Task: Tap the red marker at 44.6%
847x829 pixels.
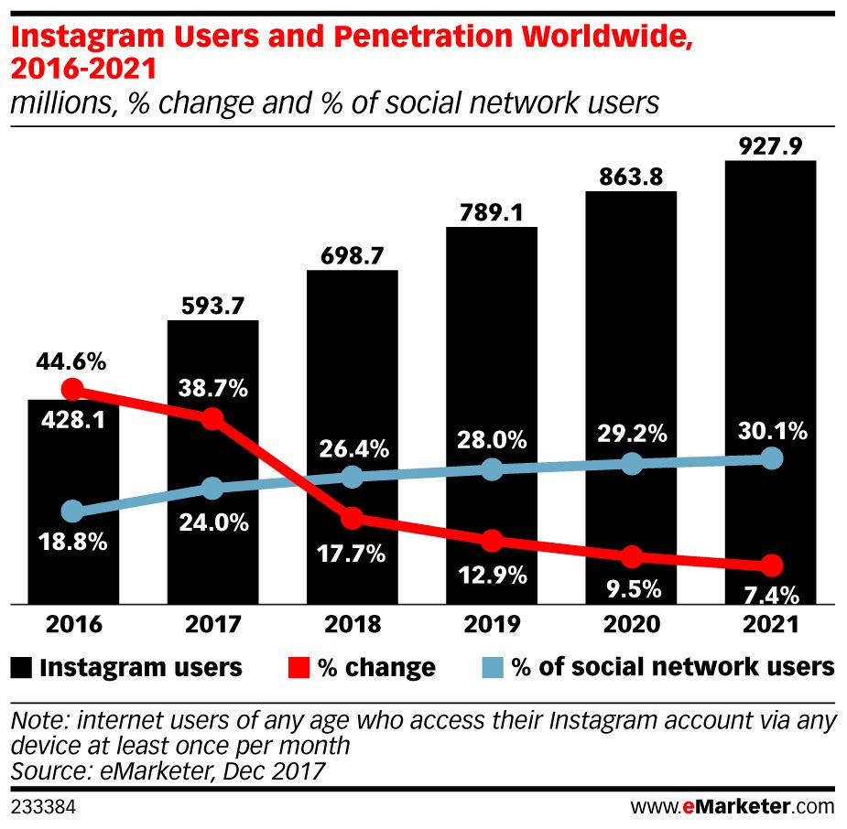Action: [73, 389]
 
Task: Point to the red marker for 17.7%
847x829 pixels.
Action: [353, 519]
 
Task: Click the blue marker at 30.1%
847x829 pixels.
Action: [772, 458]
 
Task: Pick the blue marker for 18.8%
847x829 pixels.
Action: [73, 511]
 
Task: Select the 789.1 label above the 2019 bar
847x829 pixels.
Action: [492, 212]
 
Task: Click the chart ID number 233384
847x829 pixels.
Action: [42, 808]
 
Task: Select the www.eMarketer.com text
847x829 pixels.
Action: [733, 807]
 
